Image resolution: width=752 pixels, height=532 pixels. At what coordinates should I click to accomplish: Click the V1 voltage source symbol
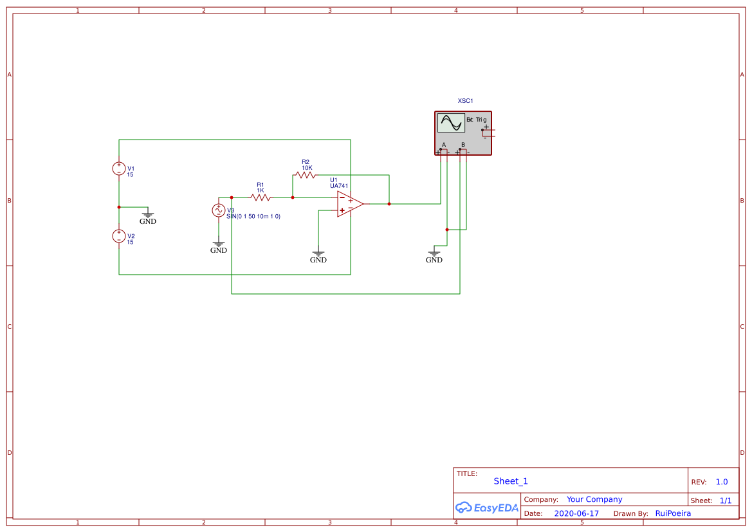click(x=119, y=169)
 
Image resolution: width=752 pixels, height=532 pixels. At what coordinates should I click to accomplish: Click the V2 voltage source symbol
click(x=119, y=236)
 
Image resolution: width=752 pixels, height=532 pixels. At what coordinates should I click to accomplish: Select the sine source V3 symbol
click(x=219, y=210)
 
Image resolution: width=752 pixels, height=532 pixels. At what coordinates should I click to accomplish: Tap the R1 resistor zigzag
click(x=261, y=197)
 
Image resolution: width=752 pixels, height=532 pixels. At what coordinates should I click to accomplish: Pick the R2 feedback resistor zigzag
click(x=306, y=175)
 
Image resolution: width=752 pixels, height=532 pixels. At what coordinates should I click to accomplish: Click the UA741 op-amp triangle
click(x=349, y=204)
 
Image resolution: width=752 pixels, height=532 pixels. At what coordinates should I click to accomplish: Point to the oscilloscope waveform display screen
click(x=451, y=123)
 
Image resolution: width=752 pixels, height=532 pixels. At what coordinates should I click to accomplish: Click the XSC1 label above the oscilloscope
click(x=465, y=101)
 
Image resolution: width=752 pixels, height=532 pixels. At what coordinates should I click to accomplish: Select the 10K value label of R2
click(x=307, y=168)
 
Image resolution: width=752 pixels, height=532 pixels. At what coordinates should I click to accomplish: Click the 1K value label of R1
click(x=261, y=190)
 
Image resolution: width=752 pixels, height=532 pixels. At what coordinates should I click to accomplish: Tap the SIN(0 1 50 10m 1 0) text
click(x=253, y=217)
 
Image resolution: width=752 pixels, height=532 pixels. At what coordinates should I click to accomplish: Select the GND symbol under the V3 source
click(x=219, y=247)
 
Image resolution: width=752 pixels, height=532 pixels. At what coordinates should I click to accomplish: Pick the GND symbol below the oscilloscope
click(x=434, y=257)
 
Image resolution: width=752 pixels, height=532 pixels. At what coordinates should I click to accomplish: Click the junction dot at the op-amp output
click(x=389, y=204)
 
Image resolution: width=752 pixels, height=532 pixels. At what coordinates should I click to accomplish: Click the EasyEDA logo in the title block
click(x=486, y=508)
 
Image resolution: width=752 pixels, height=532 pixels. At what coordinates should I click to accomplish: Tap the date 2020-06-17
click(x=576, y=513)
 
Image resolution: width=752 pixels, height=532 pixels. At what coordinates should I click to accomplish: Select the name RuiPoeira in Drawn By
click(x=673, y=513)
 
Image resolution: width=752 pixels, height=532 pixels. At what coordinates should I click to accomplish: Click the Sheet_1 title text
click(x=511, y=481)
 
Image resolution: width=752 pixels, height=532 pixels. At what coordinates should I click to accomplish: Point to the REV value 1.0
click(x=721, y=482)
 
